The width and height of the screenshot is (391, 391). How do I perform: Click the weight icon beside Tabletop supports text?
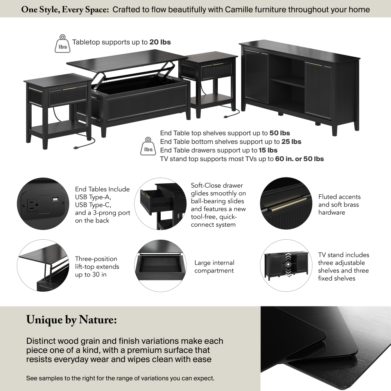coord(63,44)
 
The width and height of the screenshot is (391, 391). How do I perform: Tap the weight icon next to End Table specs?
coord(148,146)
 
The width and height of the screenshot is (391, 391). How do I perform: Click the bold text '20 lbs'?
coord(160,42)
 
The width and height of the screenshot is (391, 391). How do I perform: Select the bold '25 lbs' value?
coord(291,142)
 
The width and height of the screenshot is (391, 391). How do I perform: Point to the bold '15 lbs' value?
coord(268,150)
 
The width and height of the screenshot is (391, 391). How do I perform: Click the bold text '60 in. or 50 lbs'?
coord(300,159)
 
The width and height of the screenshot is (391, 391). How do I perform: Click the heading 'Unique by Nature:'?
coord(72,320)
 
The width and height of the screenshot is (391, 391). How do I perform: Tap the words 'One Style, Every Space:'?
coord(65,10)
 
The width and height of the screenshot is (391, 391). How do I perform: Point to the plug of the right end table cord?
coord(226,116)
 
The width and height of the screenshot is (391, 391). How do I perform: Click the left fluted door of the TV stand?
coord(256,77)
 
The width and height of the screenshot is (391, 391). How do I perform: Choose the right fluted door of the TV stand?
coord(318,90)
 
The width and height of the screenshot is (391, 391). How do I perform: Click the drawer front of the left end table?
coord(68,96)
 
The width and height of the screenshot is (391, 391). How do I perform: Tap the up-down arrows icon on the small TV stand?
coord(288,265)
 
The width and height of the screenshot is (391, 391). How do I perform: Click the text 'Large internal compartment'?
coord(214,267)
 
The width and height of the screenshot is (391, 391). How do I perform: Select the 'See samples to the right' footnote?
coord(120,378)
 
